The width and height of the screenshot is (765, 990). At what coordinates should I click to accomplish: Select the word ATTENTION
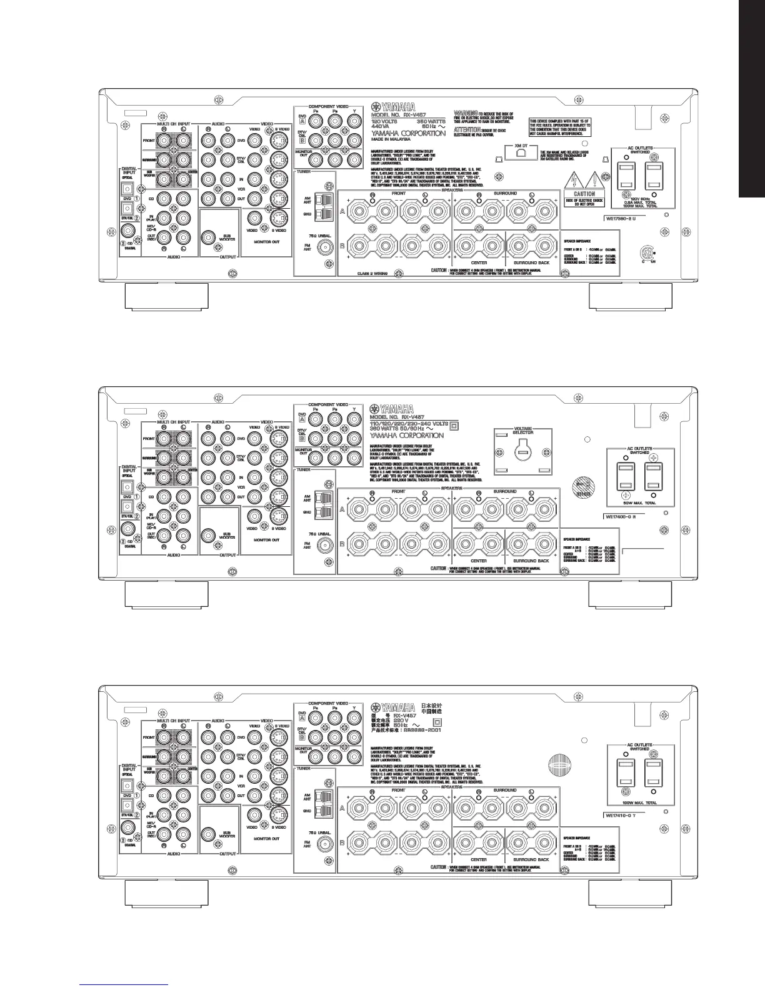tap(467, 129)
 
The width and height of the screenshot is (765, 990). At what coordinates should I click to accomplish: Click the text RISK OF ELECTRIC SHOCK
tap(584, 200)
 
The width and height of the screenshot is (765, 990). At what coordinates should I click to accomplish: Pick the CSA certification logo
tap(648, 254)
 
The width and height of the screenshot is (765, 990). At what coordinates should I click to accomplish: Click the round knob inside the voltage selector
tap(522, 451)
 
